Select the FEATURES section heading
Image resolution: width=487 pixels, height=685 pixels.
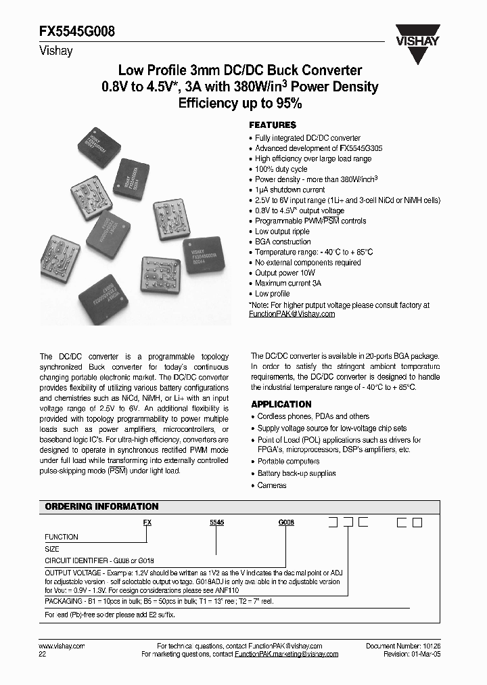click(273, 125)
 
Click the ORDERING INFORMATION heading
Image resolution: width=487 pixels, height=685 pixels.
click(101, 506)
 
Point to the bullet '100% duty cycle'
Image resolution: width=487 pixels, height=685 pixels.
click(281, 169)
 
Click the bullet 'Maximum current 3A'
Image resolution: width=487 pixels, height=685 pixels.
click(287, 283)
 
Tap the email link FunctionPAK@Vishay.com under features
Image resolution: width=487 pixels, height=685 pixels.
click(292, 314)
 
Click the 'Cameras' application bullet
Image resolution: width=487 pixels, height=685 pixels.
click(272, 485)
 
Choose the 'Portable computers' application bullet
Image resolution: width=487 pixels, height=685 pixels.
click(287, 462)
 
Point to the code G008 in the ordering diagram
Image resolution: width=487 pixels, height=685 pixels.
click(286, 523)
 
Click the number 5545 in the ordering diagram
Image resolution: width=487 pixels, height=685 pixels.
click(215, 523)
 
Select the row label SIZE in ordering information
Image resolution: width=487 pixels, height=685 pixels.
click(52, 549)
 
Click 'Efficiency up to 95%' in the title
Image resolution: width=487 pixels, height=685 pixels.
click(239, 104)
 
